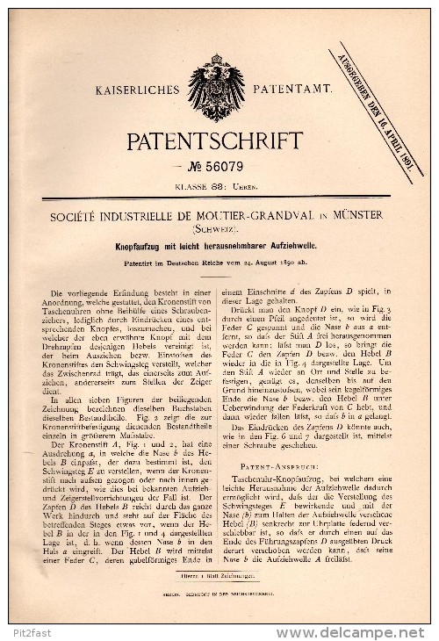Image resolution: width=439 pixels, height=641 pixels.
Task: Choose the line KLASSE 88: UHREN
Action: coord(216,185)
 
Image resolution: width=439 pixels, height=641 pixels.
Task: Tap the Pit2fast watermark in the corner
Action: coord(32,632)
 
